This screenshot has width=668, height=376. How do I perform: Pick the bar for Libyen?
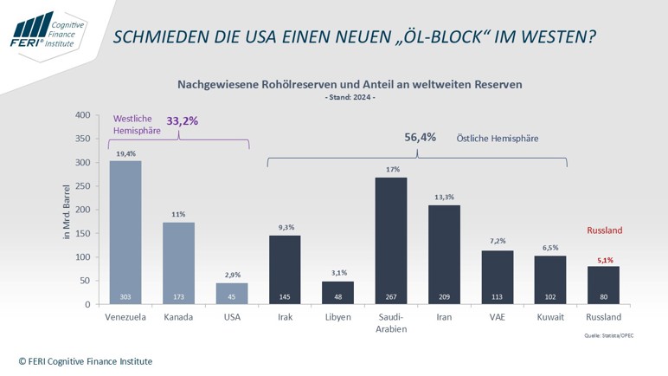[337, 293]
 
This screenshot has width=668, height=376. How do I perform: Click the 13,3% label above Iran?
[444, 197]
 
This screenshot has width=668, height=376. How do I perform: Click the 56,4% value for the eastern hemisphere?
[420, 138]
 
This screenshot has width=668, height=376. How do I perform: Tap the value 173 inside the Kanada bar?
[178, 296]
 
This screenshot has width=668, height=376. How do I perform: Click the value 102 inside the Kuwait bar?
[550, 296]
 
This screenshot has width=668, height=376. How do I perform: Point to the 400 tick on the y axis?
[82, 115]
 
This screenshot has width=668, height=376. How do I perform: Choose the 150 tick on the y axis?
[82, 234]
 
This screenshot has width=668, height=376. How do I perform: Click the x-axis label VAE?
[497, 318]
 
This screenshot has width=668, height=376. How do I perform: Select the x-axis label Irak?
[285, 318]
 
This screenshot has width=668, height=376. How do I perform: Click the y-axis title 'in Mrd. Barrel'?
[67, 210]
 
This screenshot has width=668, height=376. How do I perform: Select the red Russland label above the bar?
[604, 230]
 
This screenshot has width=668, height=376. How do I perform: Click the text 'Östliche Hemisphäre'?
[498, 139]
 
